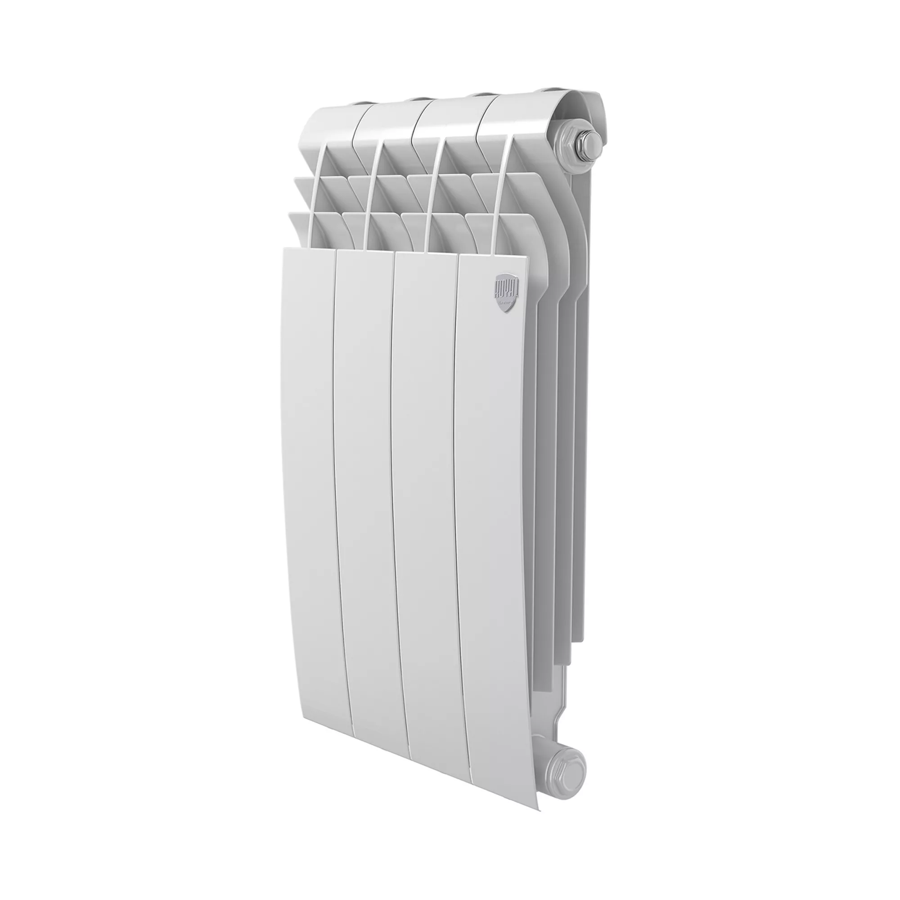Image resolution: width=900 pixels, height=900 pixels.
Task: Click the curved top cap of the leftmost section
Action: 331,121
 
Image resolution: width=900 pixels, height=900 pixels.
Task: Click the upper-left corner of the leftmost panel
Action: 285,249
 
